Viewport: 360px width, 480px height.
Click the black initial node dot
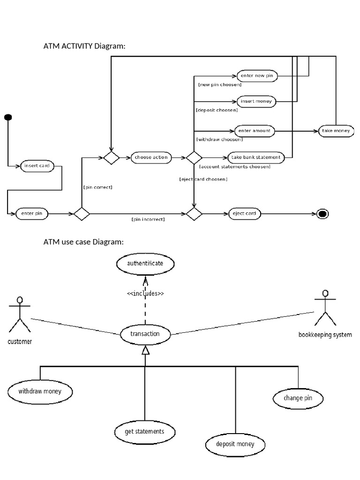[8, 117]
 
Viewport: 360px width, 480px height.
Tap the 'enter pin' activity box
[32, 214]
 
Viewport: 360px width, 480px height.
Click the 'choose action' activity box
[151, 157]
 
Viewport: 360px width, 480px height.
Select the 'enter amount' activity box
[255, 131]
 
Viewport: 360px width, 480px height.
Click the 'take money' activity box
[336, 131]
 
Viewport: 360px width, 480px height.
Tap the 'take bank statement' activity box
[255, 157]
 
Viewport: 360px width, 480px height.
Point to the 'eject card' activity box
[244, 214]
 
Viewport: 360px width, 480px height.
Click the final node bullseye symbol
[322, 214]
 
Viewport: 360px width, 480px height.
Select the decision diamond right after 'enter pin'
[82, 214]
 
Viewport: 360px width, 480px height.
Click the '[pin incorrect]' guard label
[148, 219]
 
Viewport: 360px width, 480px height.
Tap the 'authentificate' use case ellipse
[145, 264]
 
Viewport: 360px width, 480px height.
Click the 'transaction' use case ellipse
[145, 334]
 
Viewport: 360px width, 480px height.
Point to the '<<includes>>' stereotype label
[145, 294]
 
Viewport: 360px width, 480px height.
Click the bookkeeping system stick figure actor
[325, 308]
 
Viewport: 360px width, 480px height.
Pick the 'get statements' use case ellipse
[145, 431]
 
